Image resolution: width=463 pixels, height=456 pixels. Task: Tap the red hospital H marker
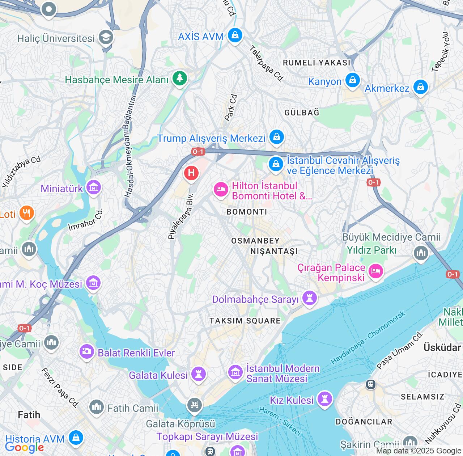point(191,173)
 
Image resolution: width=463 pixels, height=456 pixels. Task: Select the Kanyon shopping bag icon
point(352,80)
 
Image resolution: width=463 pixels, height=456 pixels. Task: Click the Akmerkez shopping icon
point(420,87)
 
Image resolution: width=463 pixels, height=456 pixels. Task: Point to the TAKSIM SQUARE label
point(245,321)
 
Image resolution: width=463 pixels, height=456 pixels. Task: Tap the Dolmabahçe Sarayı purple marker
point(309,299)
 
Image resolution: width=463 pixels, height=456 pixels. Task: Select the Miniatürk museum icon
point(94,187)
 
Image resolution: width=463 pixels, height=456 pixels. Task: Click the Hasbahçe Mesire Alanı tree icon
point(179,78)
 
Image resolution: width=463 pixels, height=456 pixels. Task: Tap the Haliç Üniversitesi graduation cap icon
point(106,37)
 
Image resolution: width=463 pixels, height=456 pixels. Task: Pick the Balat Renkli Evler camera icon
point(87,351)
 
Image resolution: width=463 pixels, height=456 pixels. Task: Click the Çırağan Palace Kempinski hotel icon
point(375,271)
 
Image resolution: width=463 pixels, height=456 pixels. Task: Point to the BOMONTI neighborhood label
point(247,212)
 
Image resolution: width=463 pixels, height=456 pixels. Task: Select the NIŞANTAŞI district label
point(274,251)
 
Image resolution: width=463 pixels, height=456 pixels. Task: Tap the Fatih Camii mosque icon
point(97,407)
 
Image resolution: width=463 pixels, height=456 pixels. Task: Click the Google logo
point(24,447)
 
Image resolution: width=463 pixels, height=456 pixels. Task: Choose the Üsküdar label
point(442,347)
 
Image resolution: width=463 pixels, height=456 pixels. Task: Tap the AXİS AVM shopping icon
point(235,35)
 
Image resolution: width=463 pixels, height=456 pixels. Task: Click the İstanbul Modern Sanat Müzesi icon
point(235,372)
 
